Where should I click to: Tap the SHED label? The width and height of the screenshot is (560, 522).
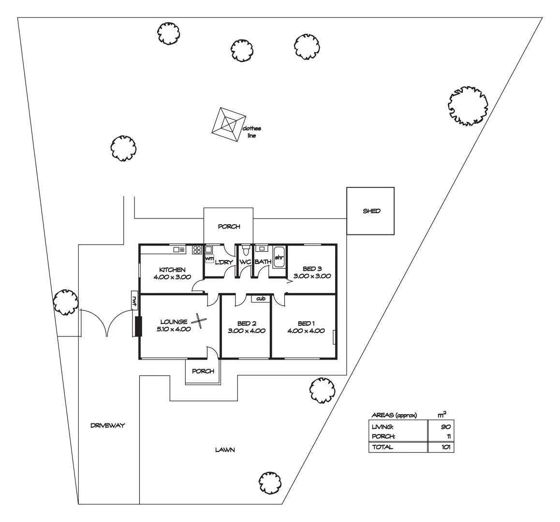(x=371, y=211)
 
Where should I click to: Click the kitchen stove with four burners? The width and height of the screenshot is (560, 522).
(x=197, y=250)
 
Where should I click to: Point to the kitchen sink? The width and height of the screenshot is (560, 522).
(x=179, y=250)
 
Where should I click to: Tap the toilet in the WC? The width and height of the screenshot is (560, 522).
(x=246, y=250)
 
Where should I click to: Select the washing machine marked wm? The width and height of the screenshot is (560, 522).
(x=209, y=259)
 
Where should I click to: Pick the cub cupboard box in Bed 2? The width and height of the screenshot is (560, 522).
(x=261, y=299)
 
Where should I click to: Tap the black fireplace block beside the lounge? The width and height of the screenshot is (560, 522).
(x=138, y=326)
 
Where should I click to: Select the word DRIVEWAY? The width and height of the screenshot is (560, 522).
(x=107, y=426)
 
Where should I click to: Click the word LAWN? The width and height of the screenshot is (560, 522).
(x=225, y=450)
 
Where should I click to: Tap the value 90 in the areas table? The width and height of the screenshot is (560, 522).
(x=446, y=426)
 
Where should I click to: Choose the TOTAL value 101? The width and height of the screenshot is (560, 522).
(x=445, y=447)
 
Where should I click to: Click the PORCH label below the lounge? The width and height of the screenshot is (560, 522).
(x=203, y=371)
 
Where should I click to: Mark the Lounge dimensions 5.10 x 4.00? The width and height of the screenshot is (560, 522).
(x=174, y=329)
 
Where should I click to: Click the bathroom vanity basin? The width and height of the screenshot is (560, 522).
(x=261, y=249)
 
